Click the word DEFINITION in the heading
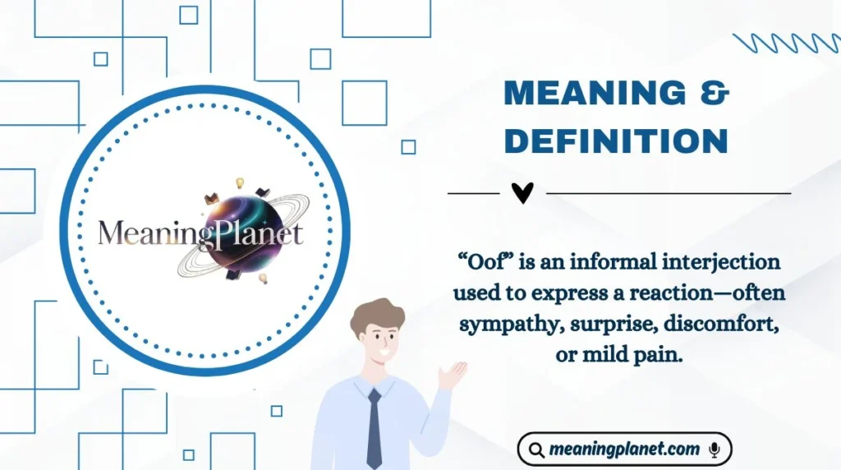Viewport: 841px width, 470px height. [616, 141]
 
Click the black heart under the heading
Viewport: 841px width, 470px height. [522, 193]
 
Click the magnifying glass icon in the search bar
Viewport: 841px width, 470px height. [537, 450]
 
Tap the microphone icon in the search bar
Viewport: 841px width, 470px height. [715, 449]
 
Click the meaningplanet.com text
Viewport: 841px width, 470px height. [624, 449]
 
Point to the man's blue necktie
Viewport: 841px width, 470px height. [374, 427]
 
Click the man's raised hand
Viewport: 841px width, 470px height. [452, 375]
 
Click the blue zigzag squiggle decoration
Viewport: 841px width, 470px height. [785, 44]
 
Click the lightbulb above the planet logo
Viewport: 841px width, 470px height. [241, 182]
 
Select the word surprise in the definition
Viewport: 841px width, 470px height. [599, 324]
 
